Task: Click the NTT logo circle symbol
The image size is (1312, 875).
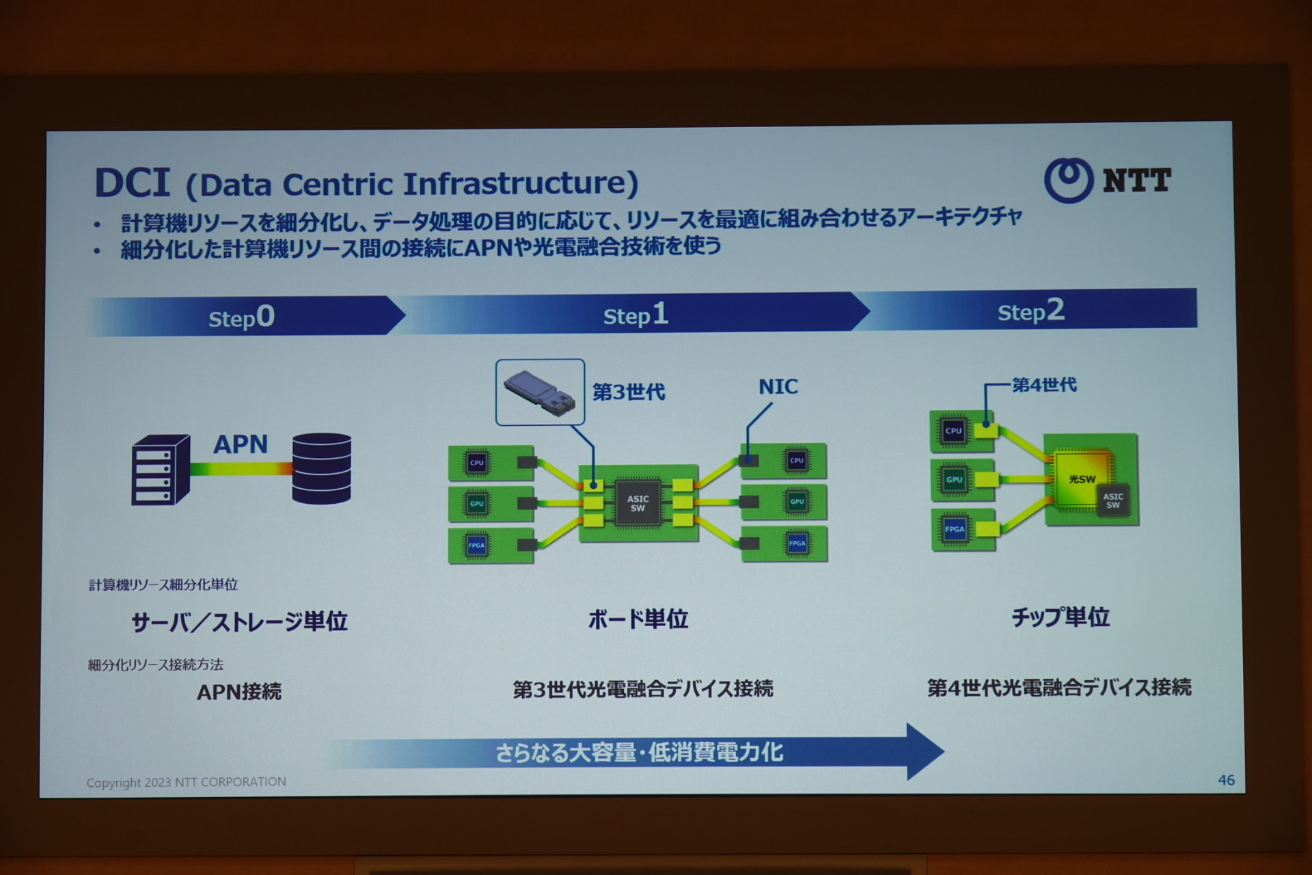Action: click(1068, 180)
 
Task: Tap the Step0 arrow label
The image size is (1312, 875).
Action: click(241, 317)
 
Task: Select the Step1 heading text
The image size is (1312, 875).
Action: click(635, 314)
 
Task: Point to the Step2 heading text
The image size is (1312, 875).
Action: click(1030, 311)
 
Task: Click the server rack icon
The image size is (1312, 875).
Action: click(161, 470)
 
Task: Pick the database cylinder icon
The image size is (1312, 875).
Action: click(321, 468)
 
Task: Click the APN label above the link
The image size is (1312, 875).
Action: click(241, 444)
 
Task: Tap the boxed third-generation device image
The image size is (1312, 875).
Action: click(540, 392)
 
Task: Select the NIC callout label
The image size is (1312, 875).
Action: click(778, 387)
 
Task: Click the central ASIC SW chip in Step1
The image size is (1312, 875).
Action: click(638, 503)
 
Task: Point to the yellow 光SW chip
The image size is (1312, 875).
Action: click(1082, 479)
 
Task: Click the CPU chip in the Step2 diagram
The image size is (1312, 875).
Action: click(953, 431)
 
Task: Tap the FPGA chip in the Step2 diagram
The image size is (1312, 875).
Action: click(955, 529)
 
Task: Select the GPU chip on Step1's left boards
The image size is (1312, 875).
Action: click(476, 504)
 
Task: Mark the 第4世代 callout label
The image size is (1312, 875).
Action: click(1043, 385)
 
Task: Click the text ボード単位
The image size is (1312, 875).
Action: click(638, 619)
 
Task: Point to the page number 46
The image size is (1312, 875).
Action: click(1226, 780)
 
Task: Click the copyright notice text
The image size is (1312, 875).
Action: click(186, 782)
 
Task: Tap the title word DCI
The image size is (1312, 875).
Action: click(132, 183)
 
